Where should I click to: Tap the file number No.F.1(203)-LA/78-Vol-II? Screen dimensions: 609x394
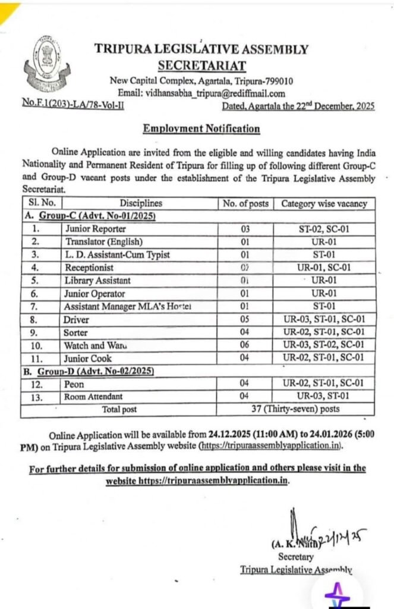73,106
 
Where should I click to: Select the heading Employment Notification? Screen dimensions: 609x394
201,128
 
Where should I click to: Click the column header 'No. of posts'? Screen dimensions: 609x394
245,204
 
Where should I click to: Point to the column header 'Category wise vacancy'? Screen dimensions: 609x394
324,204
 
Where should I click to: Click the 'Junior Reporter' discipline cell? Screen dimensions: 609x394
94,228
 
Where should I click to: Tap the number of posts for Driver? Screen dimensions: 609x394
245,319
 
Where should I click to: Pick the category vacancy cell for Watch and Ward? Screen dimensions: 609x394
324,346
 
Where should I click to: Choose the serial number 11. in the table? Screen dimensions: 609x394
38,359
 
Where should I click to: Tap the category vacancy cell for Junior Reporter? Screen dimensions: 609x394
324,228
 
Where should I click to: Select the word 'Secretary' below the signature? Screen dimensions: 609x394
296,557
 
